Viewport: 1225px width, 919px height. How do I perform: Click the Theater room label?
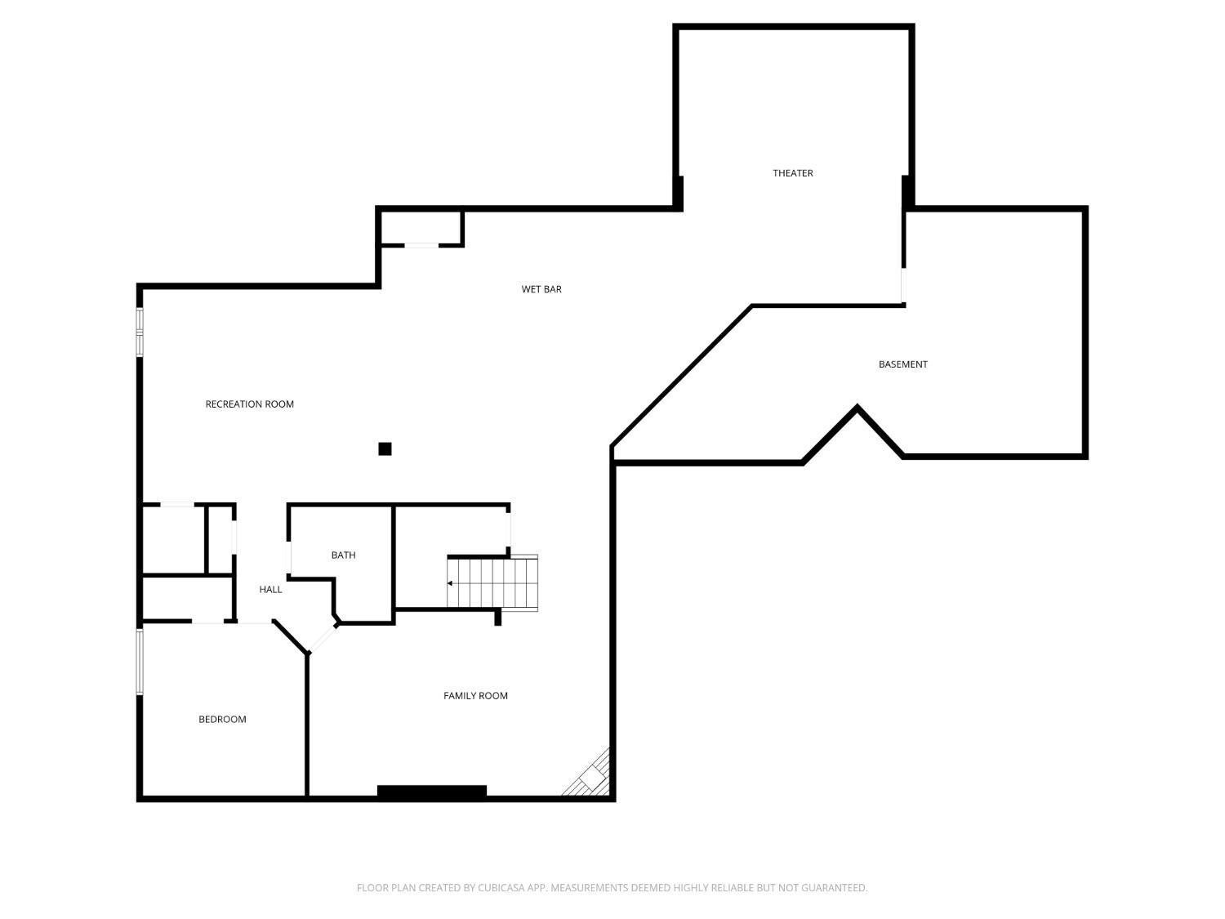click(x=792, y=173)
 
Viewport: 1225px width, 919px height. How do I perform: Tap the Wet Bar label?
click(x=541, y=289)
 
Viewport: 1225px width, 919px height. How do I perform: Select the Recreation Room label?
click(x=249, y=404)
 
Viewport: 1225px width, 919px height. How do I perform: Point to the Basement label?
click(x=902, y=364)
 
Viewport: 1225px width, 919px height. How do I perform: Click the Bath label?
click(x=343, y=555)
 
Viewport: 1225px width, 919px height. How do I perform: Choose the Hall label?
click(x=270, y=590)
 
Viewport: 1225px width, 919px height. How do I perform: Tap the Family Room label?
click(x=475, y=696)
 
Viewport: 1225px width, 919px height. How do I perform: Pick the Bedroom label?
click(x=222, y=720)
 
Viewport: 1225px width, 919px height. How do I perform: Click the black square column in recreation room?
click(x=385, y=448)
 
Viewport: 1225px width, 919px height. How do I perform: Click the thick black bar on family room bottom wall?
click(x=432, y=791)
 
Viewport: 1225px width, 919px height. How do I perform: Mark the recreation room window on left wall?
click(x=140, y=332)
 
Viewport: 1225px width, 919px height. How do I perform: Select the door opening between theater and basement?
click(x=903, y=286)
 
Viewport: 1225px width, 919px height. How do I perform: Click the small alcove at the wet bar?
click(x=421, y=228)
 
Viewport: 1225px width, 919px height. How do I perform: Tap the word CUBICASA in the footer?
click(x=500, y=888)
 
